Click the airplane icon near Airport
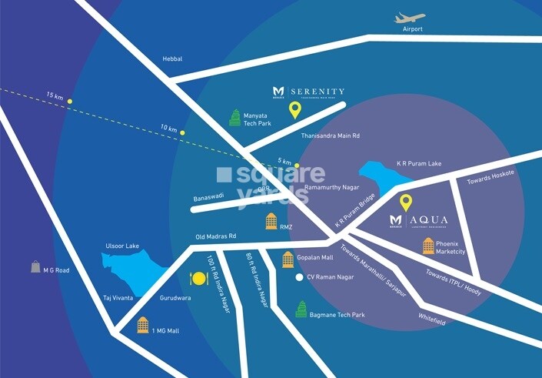(410, 18)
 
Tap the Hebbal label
(173, 59)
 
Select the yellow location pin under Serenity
(294, 111)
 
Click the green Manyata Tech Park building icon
(234, 118)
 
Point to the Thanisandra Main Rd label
(333, 135)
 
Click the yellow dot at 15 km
(69, 101)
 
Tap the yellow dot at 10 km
(182, 132)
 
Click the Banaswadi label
(208, 196)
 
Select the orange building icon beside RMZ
(271, 222)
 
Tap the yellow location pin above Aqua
(406, 203)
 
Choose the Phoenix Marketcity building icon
(428, 246)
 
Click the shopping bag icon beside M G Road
(35, 266)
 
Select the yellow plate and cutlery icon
(195, 278)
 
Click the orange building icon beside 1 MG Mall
(142, 325)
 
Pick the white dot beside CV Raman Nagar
(299, 277)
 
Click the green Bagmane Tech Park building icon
(301, 310)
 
